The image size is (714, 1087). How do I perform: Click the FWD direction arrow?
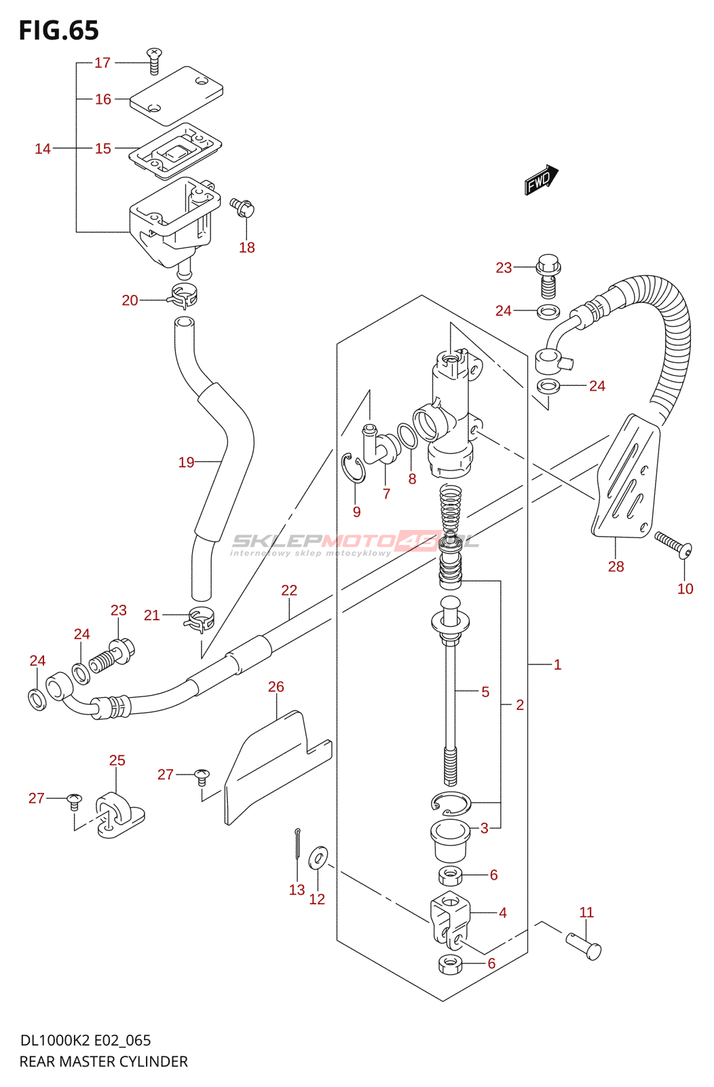pos(542,179)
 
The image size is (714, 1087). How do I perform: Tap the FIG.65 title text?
pos(58,31)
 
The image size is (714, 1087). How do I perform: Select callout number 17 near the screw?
pos(102,63)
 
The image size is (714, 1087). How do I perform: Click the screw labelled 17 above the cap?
pos(154,61)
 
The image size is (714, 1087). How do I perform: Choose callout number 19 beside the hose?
pos(186,462)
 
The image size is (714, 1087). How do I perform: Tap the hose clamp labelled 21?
pos(199,620)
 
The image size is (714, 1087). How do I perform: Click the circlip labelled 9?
pos(354,468)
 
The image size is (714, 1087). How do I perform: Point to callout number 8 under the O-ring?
pos(412,479)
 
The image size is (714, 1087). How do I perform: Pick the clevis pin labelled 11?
pos(584,946)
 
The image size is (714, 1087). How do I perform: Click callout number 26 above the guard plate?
pos(276,687)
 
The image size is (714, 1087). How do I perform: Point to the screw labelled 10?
pos(673,545)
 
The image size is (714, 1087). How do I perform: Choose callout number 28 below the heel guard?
pos(616,567)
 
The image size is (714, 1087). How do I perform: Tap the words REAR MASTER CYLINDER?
pos(103,1061)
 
